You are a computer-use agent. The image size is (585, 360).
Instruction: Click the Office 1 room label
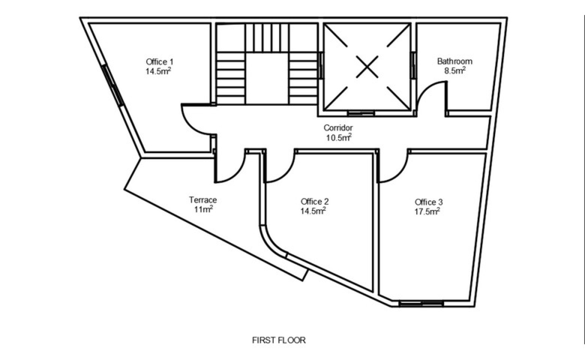(x=159, y=62)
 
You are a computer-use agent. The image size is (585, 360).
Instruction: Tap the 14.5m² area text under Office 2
(x=313, y=211)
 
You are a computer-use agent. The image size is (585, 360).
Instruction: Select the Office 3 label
(x=429, y=202)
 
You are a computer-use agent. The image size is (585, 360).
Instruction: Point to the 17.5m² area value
(x=427, y=212)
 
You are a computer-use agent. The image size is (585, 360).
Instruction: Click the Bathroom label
(x=455, y=61)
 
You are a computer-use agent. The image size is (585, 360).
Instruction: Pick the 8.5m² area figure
(x=455, y=71)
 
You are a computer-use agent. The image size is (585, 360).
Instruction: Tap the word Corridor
(x=338, y=128)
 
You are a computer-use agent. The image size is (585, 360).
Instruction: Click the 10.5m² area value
(x=339, y=137)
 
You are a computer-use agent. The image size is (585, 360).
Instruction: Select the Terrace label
(x=203, y=200)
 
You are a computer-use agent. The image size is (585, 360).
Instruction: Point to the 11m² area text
(x=203, y=209)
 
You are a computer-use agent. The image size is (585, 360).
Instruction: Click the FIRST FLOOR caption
(x=279, y=340)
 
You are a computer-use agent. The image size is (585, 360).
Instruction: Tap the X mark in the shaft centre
(x=367, y=67)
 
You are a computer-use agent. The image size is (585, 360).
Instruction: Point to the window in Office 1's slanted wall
(x=113, y=86)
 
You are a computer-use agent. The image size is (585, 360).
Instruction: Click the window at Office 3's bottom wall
(x=421, y=303)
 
